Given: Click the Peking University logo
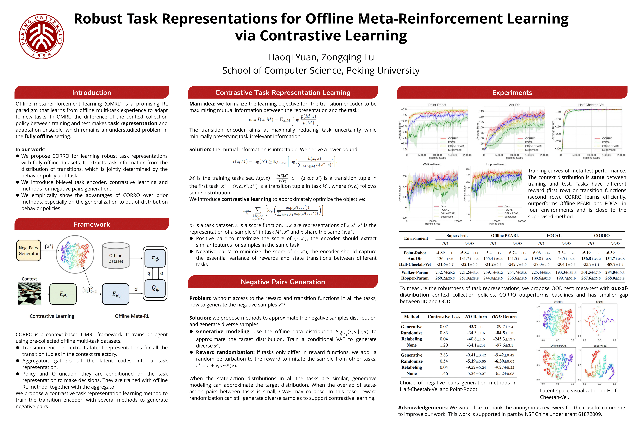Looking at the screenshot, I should pyautogui.click(x=41, y=37).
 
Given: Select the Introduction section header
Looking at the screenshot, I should pyautogui.click(x=91, y=93).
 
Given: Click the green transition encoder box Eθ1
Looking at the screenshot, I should pyautogui.click(x=63, y=294).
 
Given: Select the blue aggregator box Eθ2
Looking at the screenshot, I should pyautogui.click(x=116, y=294).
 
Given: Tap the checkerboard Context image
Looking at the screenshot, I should pyautogui.click(x=29, y=293).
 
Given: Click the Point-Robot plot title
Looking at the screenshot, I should pyautogui.click(x=437, y=105).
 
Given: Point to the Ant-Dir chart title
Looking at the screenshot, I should pyautogui.click(x=514, y=105).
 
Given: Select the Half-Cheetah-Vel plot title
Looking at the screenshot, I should pyautogui.click(x=591, y=105).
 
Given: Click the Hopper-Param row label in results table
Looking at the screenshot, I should pyautogui.click(x=415, y=278).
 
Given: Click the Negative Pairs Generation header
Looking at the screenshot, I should pyautogui.click(x=283, y=282).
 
